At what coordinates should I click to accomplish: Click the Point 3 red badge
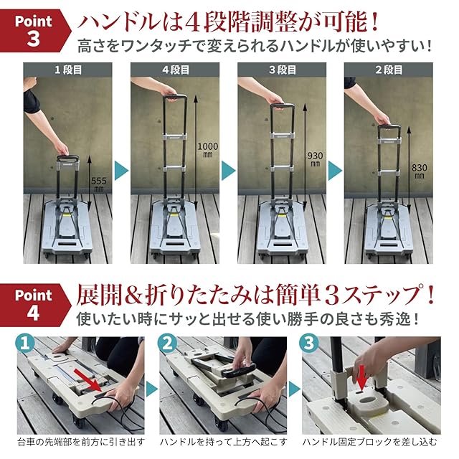[x=34, y=30]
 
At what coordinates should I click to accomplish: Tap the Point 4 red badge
[x=34, y=305]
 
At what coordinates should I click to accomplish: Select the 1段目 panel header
[x=67, y=70]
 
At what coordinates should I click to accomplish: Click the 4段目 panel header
[x=175, y=70]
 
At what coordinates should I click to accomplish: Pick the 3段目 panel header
[x=282, y=70]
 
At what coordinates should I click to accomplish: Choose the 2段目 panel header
[x=389, y=70]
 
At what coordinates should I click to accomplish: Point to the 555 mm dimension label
[x=99, y=184]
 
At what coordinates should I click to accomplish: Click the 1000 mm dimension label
[x=207, y=149]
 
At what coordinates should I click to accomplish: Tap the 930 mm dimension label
[x=315, y=159]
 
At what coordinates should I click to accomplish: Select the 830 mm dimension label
[x=419, y=171]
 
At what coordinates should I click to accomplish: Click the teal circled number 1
[x=25, y=344]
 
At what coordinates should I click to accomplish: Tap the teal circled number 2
[x=167, y=344]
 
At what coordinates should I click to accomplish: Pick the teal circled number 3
[x=309, y=344]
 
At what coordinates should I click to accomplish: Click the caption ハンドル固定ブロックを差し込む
[x=370, y=442]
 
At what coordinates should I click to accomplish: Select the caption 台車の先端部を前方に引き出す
[x=81, y=442]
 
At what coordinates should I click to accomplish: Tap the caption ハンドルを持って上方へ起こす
[x=223, y=442]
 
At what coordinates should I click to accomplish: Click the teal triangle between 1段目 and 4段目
[x=121, y=171]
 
